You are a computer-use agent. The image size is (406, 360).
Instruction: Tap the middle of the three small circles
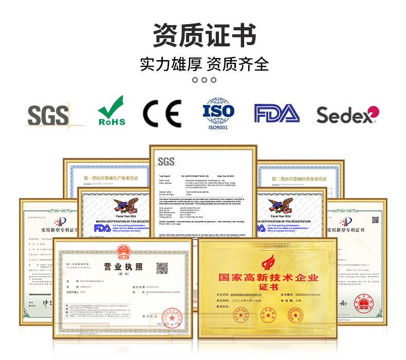(x=204, y=80)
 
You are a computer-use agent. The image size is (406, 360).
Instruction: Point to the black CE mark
(x=162, y=114)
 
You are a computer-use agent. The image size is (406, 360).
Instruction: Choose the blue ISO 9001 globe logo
(x=218, y=114)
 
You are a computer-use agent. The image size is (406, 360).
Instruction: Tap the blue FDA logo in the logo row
(x=276, y=114)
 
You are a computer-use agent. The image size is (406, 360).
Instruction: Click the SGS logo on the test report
(x=167, y=161)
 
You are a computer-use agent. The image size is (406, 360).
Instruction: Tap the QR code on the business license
(x=162, y=268)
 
